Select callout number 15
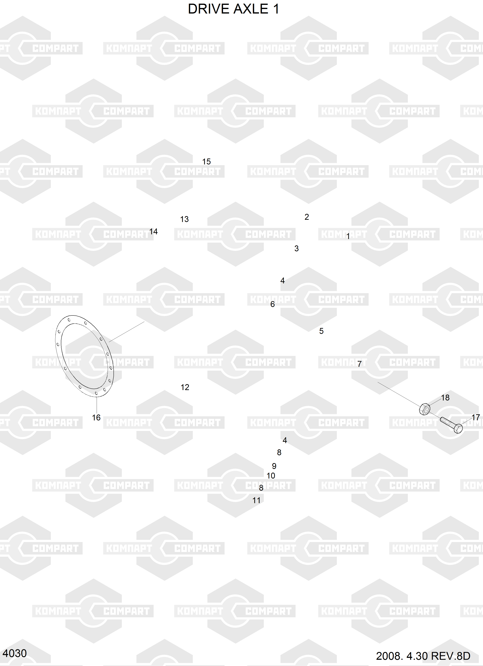[207, 161]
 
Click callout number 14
[153, 232]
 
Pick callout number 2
[307, 217]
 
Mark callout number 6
[273, 304]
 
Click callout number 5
[321, 331]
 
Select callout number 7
[359, 364]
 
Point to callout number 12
[185, 387]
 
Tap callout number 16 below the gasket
[96, 418]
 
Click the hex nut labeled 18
[425, 409]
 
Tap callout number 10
[271, 476]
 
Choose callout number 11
[257, 500]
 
